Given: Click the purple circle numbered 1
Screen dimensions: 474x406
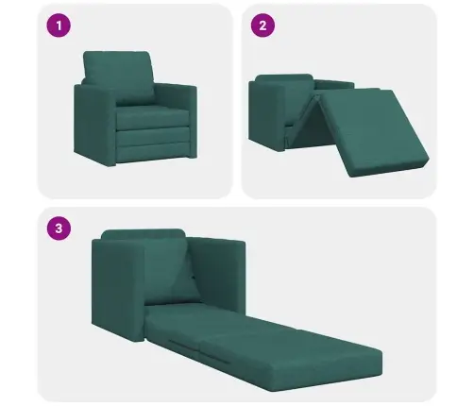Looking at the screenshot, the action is [59, 25].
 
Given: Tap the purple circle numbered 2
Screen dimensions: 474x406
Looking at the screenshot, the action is [262, 25].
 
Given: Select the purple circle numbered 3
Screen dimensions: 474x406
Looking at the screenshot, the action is [59, 228].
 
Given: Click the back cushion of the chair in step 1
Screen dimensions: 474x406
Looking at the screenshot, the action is [118, 77].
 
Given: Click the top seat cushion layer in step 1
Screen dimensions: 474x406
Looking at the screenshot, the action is [153, 117].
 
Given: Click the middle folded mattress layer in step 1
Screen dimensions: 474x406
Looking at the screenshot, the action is [153, 136].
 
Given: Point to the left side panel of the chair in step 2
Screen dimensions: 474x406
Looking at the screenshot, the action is [267, 115].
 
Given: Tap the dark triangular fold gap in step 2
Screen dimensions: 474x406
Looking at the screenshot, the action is [305, 126].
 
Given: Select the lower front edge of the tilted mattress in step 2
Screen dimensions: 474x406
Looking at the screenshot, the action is [390, 167].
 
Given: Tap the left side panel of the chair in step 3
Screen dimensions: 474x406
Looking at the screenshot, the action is [118, 290].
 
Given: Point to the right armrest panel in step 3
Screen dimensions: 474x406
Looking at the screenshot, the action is [217, 276].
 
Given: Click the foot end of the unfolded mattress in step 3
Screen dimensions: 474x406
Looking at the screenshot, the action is [328, 375].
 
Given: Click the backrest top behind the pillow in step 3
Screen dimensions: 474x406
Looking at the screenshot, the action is [144, 234].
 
